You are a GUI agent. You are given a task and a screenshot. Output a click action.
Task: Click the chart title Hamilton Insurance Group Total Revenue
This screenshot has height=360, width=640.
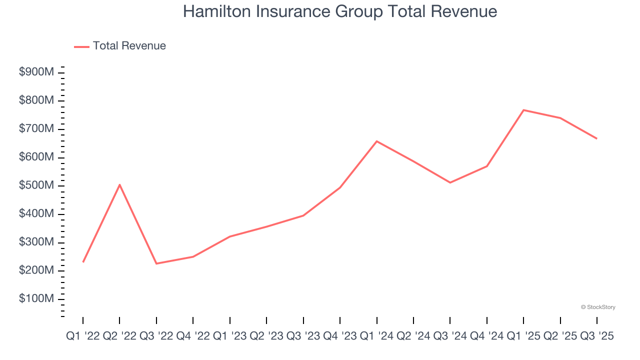click(x=340, y=11)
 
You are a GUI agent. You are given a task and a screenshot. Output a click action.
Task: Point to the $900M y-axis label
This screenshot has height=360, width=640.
click(x=36, y=72)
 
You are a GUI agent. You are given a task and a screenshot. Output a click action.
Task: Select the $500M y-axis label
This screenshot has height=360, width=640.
click(x=36, y=186)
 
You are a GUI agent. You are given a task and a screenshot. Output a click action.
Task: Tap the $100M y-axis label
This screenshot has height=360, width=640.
click(x=36, y=299)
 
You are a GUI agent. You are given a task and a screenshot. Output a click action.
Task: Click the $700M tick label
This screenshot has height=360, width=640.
click(x=36, y=129)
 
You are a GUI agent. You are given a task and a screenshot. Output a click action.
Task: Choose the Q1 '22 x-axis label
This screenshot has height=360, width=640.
click(x=83, y=336)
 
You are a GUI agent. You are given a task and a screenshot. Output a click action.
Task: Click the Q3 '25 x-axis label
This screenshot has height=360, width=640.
click(x=596, y=336)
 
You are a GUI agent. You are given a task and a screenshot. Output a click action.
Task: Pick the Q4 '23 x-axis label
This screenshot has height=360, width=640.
click(x=340, y=336)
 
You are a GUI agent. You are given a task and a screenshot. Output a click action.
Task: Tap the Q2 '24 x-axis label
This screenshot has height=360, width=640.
click(x=413, y=336)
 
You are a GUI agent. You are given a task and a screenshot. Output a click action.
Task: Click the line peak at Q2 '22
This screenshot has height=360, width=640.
click(x=119, y=184)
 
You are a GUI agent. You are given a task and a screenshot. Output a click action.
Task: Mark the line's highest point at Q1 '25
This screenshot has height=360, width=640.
click(x=523, y=110)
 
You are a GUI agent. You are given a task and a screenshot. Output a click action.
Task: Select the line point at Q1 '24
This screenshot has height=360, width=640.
click(x=376, y=141)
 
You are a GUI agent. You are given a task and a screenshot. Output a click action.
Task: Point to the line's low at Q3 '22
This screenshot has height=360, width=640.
click(x=156, y=263)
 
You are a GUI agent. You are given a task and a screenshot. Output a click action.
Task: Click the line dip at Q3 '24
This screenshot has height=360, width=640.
click(x=450, y=182)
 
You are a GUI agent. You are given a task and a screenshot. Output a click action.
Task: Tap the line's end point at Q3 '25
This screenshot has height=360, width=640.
click(x=596, y=138)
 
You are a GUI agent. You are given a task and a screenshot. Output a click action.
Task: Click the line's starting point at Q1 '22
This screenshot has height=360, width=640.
click(x=83, y=262)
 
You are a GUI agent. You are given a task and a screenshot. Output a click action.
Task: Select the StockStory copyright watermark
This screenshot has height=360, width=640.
click(x=598, y=307)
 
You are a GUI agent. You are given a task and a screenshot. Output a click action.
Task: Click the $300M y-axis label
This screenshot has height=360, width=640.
click(x=36, y=242)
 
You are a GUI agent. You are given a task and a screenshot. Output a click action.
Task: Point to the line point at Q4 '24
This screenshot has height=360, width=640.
click(x=487, y=166)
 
